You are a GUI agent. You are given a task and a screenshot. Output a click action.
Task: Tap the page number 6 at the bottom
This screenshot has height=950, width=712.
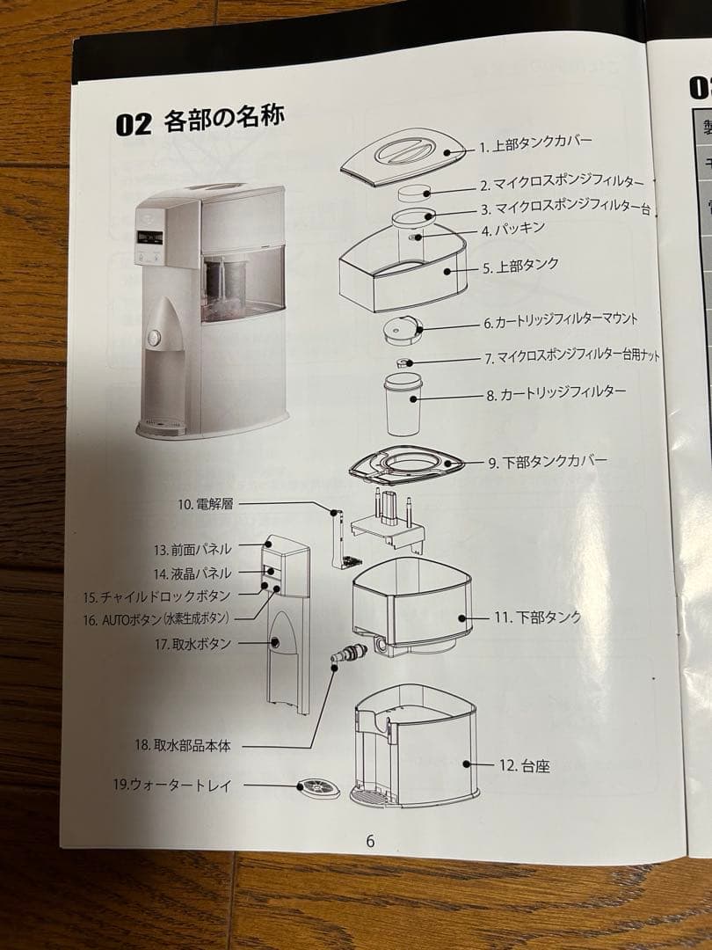tap(370, 841)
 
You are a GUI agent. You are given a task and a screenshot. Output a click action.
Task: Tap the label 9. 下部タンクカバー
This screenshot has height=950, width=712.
tap(548, 461)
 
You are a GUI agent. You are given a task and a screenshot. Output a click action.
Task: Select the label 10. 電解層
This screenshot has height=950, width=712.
tap(206, 504)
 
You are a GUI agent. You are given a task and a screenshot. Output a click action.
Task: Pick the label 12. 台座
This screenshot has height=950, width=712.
tap(524, 765)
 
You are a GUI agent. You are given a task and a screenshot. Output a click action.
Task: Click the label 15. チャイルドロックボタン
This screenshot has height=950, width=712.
tap(158, 596)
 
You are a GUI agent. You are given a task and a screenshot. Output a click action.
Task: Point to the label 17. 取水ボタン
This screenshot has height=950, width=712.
tap(193, 644)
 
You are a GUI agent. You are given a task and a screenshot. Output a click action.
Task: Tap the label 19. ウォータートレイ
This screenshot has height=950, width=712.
tap(173, 786)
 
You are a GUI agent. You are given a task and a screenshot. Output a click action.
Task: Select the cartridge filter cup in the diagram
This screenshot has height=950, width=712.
tap(403, 405)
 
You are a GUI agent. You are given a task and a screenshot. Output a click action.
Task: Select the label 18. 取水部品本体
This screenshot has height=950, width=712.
tap(182, 745)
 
